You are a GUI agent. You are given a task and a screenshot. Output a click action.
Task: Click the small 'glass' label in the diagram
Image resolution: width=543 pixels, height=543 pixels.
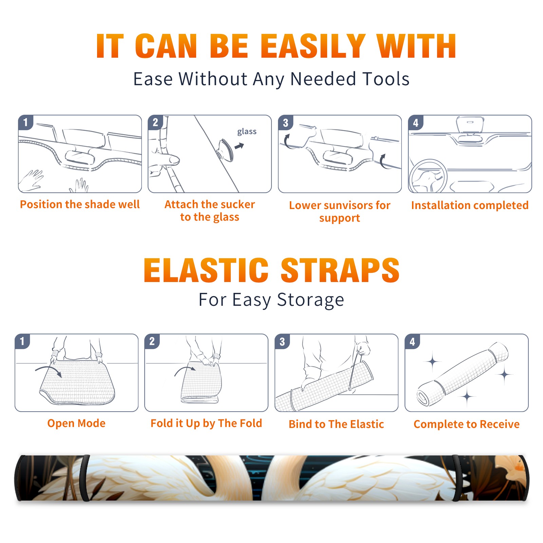(x=247, y=132)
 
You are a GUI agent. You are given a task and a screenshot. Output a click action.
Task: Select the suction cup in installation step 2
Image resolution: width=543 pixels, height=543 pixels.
(x=226, y=150)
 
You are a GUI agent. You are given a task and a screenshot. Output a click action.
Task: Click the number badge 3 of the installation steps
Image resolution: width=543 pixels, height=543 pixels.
(x=286, y=123)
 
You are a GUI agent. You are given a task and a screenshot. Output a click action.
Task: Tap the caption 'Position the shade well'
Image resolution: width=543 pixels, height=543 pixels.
(x=80, y=204)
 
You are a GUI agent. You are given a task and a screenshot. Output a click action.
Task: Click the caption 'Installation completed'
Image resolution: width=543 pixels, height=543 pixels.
(x=470, y=205)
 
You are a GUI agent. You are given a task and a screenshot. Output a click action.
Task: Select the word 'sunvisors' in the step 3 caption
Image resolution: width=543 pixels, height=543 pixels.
(x=348, y=205)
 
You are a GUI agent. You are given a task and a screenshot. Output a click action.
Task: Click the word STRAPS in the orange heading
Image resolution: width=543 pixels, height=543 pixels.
(x=340, y=270)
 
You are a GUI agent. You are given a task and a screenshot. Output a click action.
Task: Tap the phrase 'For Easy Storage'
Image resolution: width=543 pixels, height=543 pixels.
(x=271, y=300)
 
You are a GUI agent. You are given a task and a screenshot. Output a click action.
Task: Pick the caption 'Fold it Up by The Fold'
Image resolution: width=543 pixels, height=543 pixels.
(x=206, y=424)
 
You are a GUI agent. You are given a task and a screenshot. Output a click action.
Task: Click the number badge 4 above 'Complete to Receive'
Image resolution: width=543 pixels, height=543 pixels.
(x=412, y=341)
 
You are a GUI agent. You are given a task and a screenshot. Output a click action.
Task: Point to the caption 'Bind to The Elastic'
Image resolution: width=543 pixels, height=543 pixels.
(x=336, y=424)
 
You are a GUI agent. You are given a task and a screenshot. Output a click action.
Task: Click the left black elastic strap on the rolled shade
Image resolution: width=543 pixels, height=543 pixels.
(x=85, y=478)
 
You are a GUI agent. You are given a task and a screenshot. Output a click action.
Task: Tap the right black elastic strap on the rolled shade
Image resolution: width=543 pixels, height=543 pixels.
(x=457, y=478)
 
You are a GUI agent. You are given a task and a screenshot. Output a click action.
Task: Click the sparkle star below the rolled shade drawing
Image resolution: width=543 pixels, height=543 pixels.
(x=467, y=396)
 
